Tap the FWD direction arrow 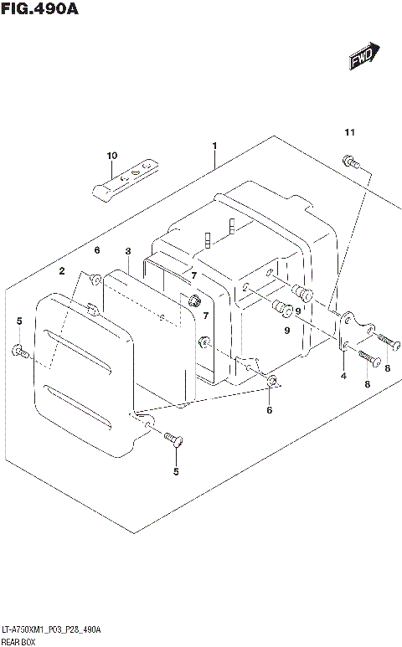pos(362,57)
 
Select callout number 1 pos(214,146)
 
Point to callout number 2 pos(61,271)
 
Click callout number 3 pos(128,251)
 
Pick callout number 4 pos(343,376)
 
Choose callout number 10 pos(111,157)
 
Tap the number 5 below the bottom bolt pos(176,472)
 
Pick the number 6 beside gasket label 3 pos(97,250)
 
